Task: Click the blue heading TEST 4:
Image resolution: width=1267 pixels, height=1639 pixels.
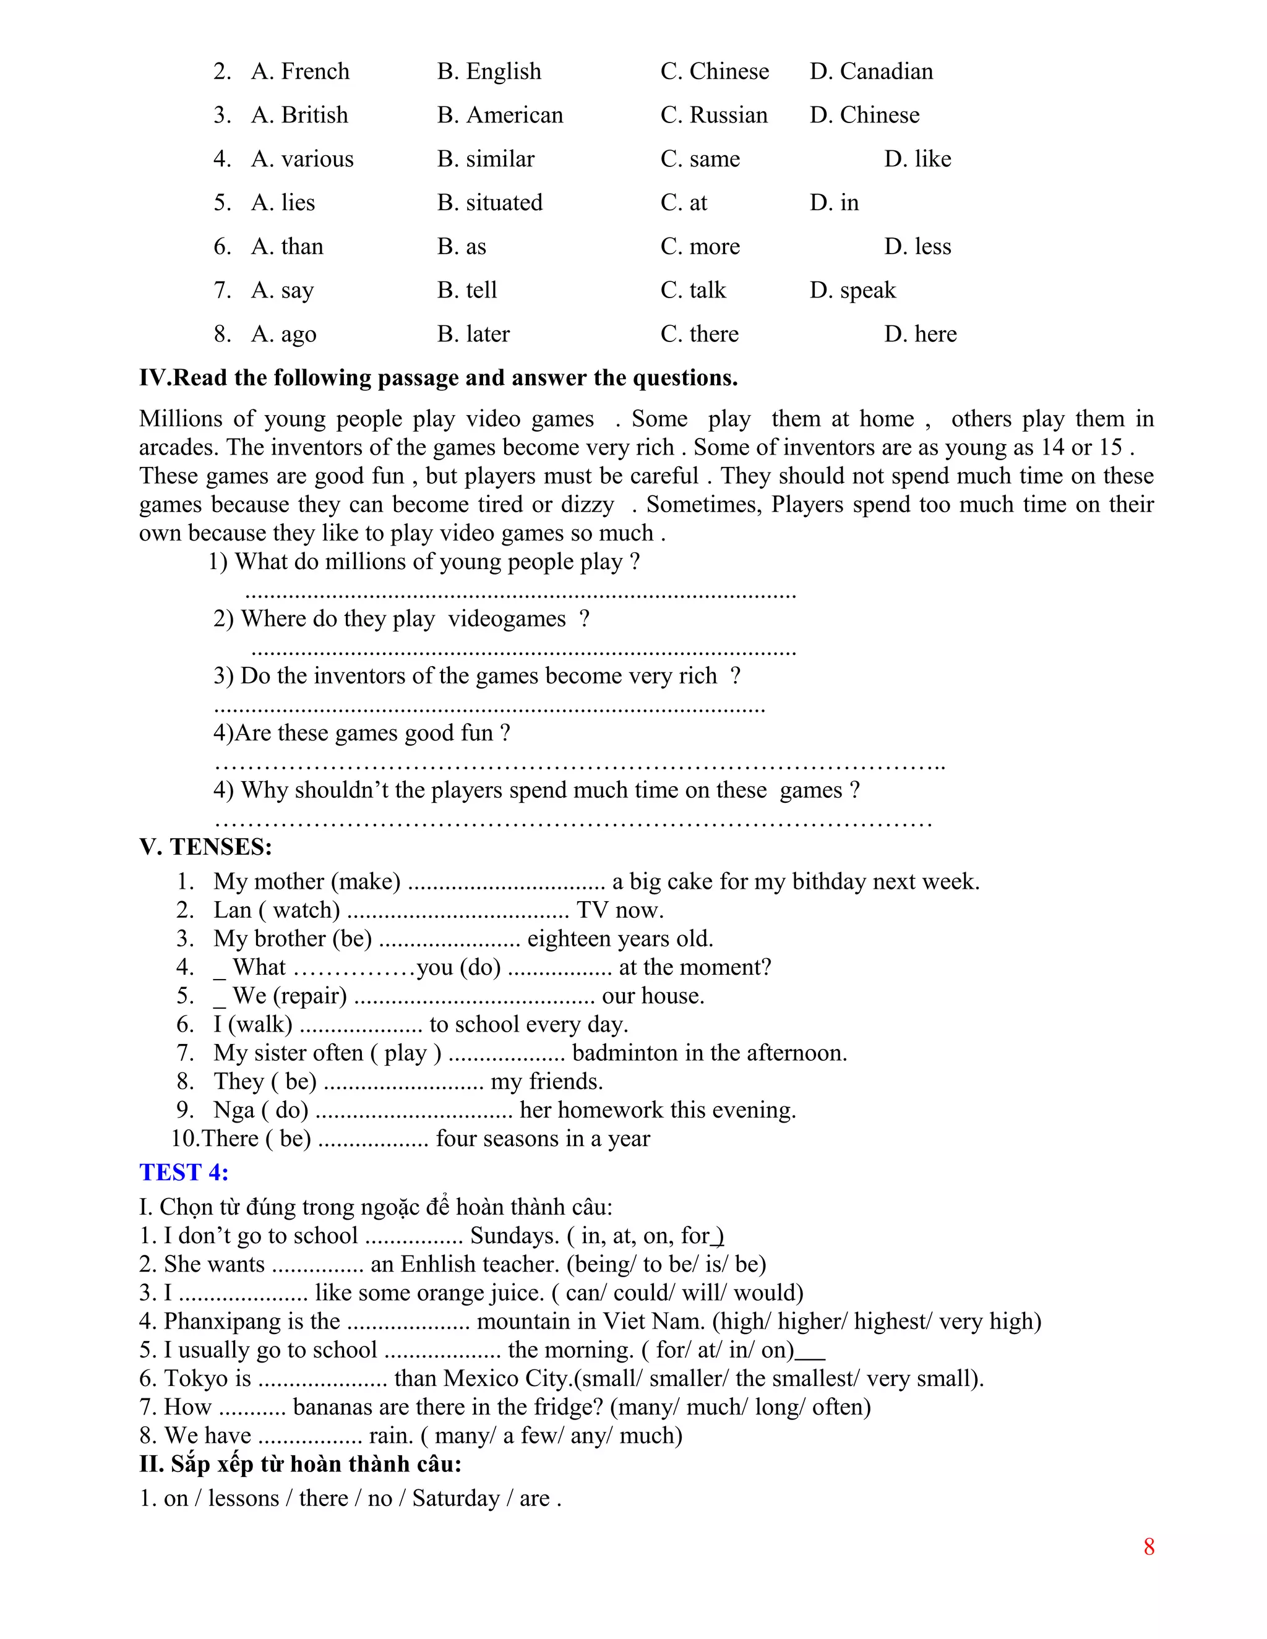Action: coord(184,1172)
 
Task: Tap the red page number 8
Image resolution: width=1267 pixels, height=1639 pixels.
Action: coord(1148,1547)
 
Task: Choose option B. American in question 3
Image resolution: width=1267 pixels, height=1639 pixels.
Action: coord(500,115)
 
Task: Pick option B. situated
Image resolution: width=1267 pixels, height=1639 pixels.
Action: coord(489,203)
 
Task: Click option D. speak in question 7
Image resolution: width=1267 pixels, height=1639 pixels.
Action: coord(853,291)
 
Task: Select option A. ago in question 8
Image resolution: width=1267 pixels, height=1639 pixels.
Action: coord(284,334)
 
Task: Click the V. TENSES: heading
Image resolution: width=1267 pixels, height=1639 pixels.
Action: coord(205,847)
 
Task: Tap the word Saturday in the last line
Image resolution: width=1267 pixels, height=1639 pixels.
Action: coord(455,1498)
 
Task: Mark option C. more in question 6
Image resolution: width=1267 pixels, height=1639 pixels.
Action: coord(700,247)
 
